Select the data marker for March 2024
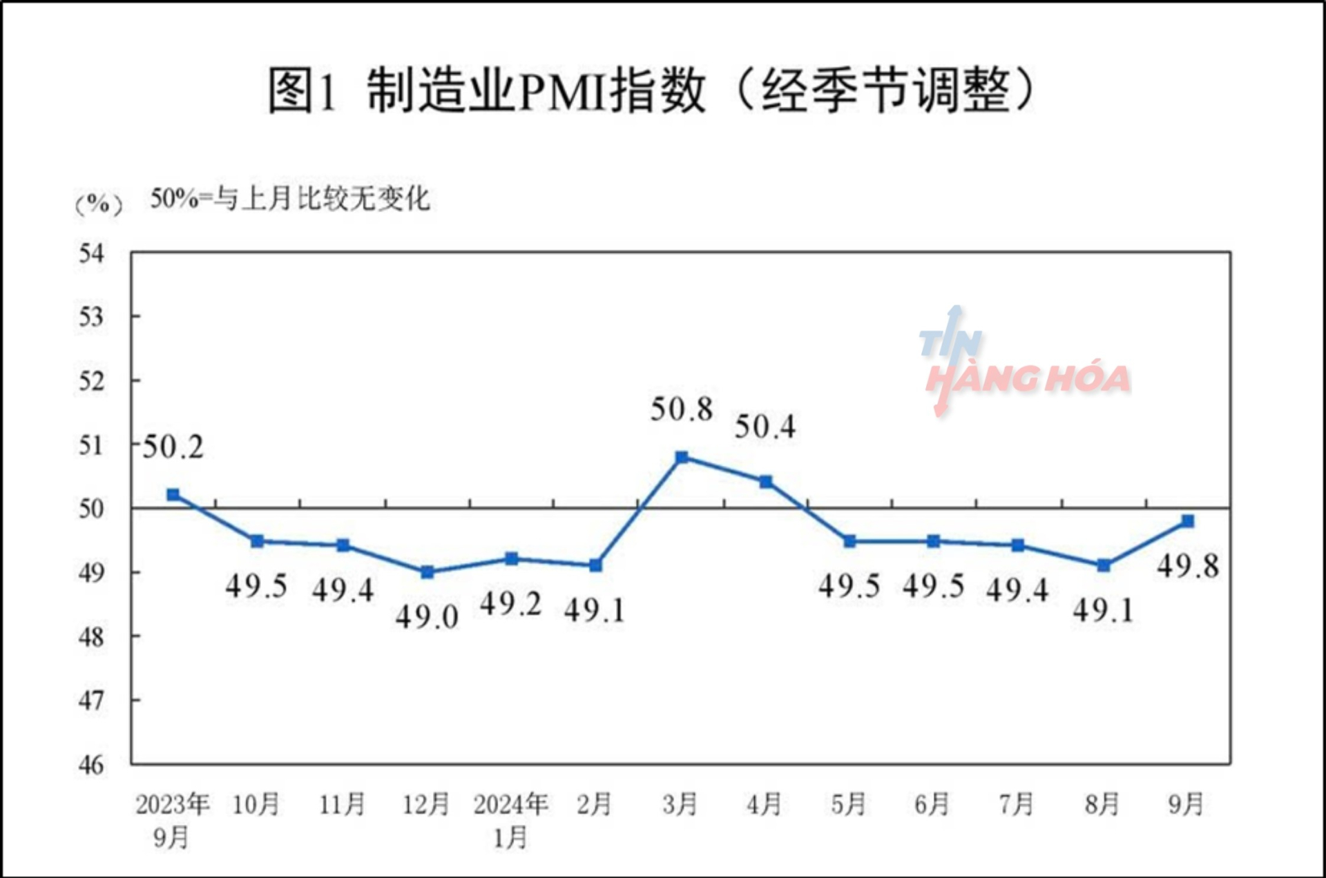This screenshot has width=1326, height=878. [x=682, y=457]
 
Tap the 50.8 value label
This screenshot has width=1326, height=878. [x=681, y=409]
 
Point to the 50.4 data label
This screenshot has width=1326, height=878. [x=765, y=427]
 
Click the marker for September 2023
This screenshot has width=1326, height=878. [x=173, y=495]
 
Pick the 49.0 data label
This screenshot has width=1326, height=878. [x=427, y=616]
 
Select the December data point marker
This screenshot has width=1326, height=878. [x=427, y=572]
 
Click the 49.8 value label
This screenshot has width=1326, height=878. [x=1188, y=567]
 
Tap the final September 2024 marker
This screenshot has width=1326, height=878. [x=1188, y=521]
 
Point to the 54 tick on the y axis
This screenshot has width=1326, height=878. [x=91, y=253]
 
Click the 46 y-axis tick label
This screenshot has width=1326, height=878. [x=91, y=764]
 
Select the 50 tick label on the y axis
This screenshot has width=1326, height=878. [x=91, y=509]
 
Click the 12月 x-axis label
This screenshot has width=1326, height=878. [x=426, y=804]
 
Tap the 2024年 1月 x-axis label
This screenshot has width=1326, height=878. [x=511, y=820]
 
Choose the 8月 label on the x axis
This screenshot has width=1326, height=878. [x=1102, y=804]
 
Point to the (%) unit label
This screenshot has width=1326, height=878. [x=99, y=204]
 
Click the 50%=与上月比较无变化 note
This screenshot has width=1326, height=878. [x=290, y=199]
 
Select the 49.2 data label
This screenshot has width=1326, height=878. [x=510, y=604]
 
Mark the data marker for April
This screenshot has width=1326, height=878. [x=766, y=481]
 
